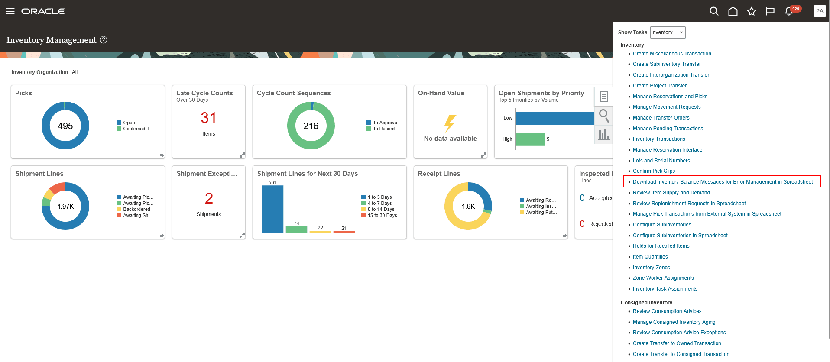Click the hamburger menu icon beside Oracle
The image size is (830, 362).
point(10,11)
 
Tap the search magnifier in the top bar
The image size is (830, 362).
point(714,11)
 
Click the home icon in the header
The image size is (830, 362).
point(733,11)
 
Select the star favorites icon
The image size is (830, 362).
point(751,11)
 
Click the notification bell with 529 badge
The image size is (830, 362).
point(789,11)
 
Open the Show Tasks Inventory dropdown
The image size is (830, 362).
point(668,32)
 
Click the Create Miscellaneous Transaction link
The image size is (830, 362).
point(671,54)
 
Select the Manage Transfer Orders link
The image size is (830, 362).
point(661,118)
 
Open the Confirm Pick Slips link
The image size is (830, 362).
point(654,171)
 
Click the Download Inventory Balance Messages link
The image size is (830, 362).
point(722,182)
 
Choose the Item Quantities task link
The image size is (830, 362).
point(650,257)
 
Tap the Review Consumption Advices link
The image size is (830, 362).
point(667,311)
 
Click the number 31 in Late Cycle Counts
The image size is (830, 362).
point(208,118)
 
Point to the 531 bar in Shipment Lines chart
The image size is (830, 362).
point(272,209)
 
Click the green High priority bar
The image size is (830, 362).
point(530,139)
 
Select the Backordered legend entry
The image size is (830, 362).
point(136,209)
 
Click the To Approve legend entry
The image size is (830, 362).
point(384,123)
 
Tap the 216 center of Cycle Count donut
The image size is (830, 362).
point(311,126)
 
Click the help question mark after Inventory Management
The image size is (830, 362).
point(104,40)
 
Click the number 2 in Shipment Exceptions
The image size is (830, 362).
point(209,198)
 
